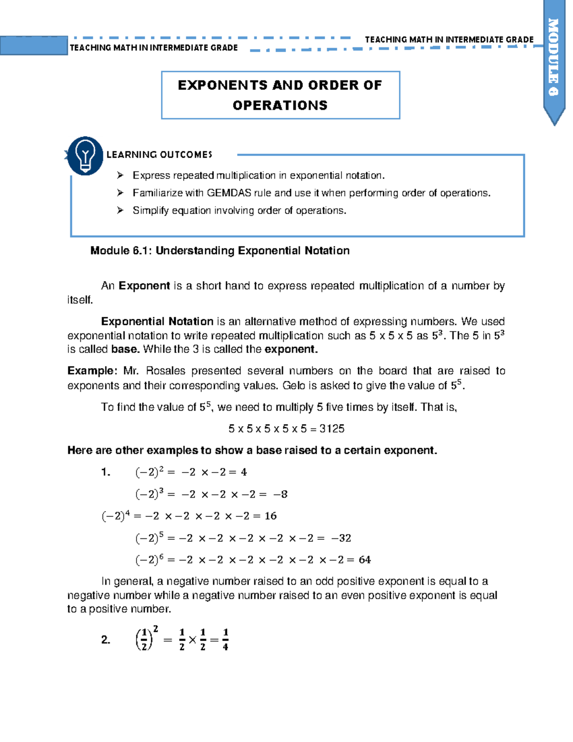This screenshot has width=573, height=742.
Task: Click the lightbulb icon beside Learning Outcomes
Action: [85, 156]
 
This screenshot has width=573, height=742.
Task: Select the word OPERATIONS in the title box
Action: [280, 105]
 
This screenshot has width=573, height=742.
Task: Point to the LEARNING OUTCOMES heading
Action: [159, 154]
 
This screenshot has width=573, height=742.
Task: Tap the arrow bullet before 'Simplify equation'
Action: [120, 210]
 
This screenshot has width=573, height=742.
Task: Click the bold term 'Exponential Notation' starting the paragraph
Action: [157, 322]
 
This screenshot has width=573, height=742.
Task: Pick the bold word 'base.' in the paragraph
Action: [126, 349]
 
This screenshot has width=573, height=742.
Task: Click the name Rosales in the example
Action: [164, 371]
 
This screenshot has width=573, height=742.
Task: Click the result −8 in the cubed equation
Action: [280, 494]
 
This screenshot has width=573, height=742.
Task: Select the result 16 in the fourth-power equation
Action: [270, 516]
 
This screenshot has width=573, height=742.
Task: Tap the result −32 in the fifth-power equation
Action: [341, 538]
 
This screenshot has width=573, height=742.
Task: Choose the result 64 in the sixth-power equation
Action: [364, 559]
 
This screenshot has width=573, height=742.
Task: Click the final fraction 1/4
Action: [225, 640]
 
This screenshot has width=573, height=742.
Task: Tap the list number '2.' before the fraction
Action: [106, 640]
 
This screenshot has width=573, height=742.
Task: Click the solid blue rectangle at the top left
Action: [33, 46]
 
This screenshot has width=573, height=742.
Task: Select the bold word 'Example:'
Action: [92, 371]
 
